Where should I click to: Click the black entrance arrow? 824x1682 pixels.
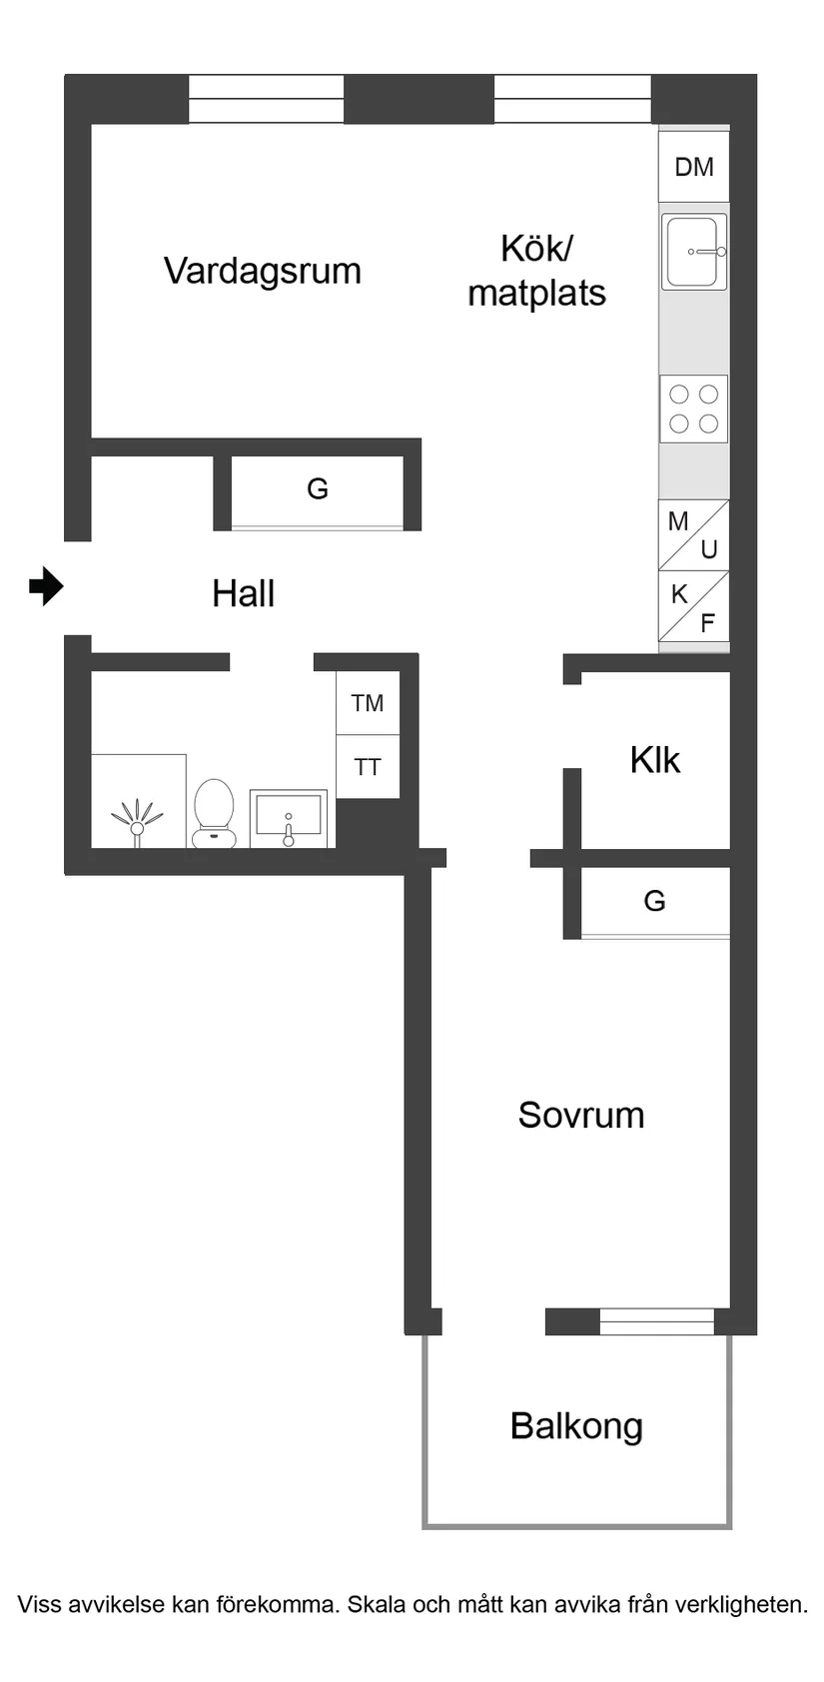pyautogui.click(x=45, y=586)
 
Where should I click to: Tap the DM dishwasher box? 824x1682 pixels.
pyautogui.click(x=693, y=167)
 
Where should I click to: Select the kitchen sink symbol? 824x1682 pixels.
pyautogui.click(x=693, y=253)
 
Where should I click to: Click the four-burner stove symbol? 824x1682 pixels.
pyautogui.click(x=693, y=409)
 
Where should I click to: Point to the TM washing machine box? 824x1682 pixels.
pyautogui.click(x=368, y=703)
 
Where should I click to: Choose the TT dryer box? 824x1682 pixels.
pyautogui.click(x=368, y=767)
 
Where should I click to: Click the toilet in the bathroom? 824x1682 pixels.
pyautogui.click(x=213, y=813)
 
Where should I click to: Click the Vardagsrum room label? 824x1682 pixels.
pyautogui.click(x=262, y=271)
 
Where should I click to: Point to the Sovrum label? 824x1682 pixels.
pyautogui.click(x=580, y=1115)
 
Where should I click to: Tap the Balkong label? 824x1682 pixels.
pyautogui.click(x=575, y=1425)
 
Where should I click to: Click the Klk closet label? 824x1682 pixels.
pyautogui.click(x=654, y=760)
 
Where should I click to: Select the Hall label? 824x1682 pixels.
pyautogui.click(x=243, y=593)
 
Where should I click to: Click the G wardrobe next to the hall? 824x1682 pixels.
pyautogui.click(x=317, y=489)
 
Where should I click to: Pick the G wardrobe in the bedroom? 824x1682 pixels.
pyautogui.click(x=654, y=901)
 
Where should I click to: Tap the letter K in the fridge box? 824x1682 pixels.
pyautogui.click(x=679, y=594)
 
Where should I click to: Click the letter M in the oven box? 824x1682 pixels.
pyautogui.click(x=678, y=521)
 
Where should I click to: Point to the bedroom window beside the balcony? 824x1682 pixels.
pyautogui.click(x=656, y=1321)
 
